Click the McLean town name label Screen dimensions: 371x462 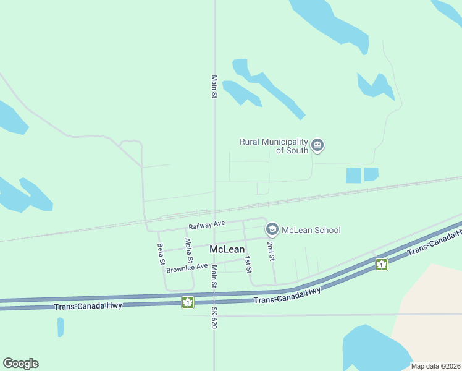click(227, 249)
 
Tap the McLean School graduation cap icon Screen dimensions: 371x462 click(271, 230)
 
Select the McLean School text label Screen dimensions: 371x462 click(311, 231)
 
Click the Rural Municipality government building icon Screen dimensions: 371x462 click(317, 146)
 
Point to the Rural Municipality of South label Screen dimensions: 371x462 click(274, 147)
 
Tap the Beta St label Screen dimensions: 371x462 click(161, 254)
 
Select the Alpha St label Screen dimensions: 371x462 click(189, 250)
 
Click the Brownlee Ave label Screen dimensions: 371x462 click(187, 268)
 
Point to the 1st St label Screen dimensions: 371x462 click(248, 264)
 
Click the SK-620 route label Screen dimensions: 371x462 click(214, 317)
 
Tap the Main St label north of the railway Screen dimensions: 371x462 click(214, 87)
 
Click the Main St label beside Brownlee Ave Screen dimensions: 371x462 click(214, 276)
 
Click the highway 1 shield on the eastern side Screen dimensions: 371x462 click(382, 265)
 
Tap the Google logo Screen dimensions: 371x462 click(20, 364)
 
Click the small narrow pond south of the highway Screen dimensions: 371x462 click(61, 327)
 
